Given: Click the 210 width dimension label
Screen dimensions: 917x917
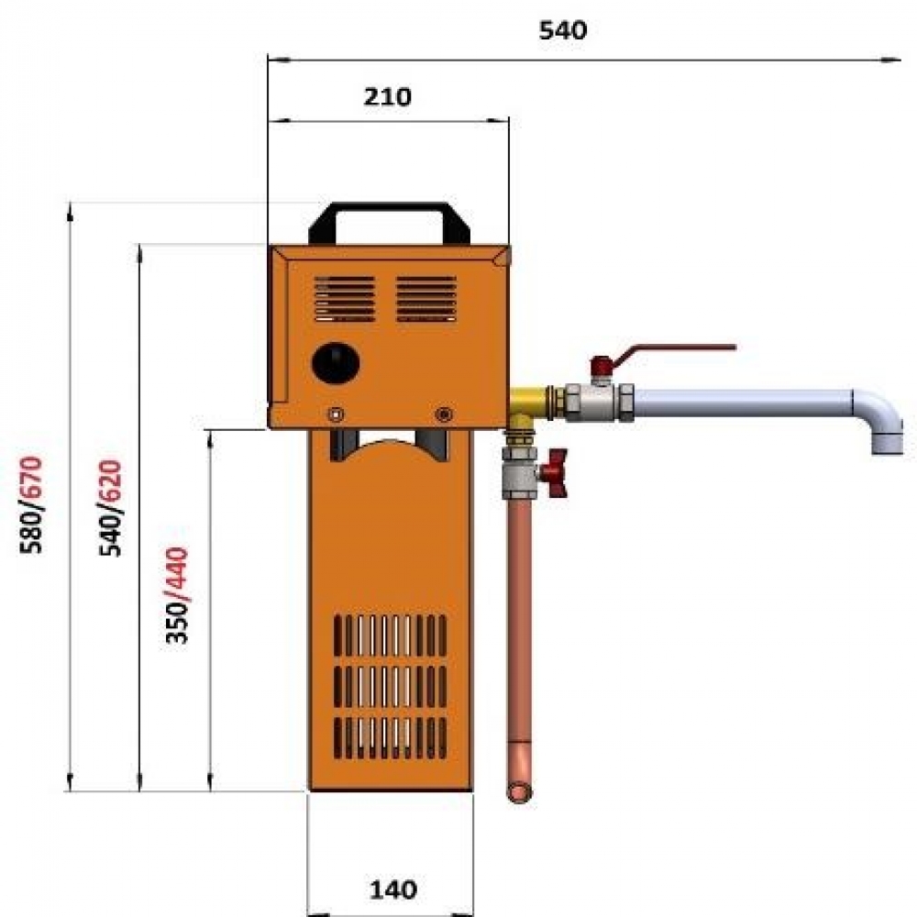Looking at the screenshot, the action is coord(387,96).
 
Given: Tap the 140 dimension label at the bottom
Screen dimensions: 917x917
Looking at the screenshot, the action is coord(393,890).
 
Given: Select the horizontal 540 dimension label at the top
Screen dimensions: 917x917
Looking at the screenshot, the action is coord(563,30).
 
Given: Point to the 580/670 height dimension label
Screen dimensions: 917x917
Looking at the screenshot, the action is coord(31,504).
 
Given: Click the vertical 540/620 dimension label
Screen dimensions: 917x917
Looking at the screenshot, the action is coord(111,508).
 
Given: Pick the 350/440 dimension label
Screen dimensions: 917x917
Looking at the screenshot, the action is coord(177,595).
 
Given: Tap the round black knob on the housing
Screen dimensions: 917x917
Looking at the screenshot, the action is coord(336,363).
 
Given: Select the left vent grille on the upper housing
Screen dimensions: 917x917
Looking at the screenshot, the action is coord(345,299).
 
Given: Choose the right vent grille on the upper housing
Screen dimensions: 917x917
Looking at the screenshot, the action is coord(426,299).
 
